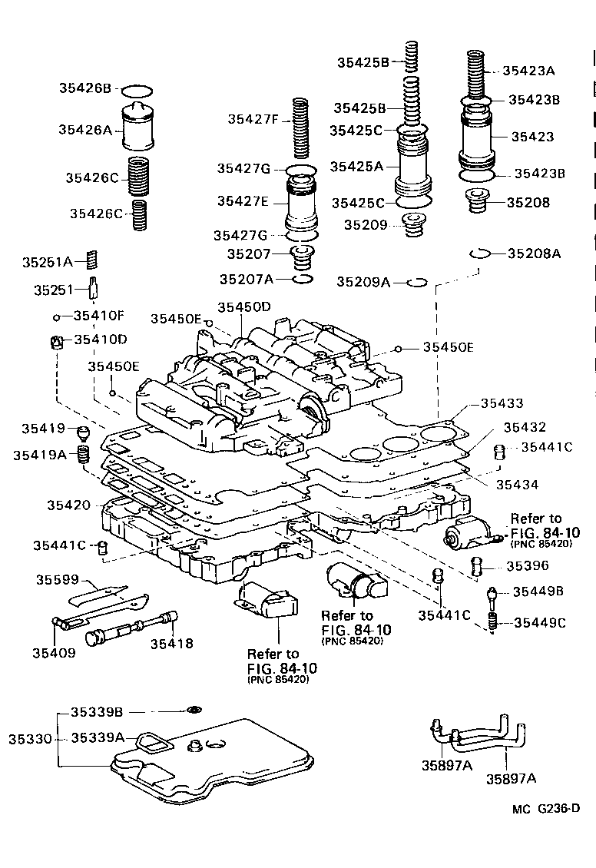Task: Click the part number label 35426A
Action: click(x=85, y=130)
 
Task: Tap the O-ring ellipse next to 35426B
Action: click(x=139, y=89)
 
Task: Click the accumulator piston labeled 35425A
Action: click(x=414, y=164)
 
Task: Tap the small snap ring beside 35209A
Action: click(x=416, y=282)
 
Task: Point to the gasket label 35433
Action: click(x=502, y=403)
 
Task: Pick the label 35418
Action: click(x=171, y=644)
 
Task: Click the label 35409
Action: click(x=54, y=653)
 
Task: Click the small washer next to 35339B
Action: click(x=194, y=710)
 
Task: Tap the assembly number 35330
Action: click(x=30, y=738)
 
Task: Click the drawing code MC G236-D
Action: click(x=546, y=807)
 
